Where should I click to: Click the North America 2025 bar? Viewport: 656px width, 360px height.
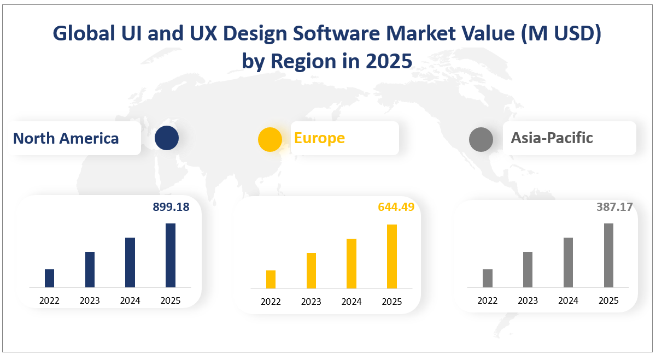171,255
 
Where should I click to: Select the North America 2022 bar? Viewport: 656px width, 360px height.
49,278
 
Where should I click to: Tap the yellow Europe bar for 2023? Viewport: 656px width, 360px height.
311,270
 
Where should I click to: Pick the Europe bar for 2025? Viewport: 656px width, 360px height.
392,256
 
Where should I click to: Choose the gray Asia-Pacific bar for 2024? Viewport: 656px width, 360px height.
568,262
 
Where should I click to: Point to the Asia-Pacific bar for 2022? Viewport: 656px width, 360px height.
488,278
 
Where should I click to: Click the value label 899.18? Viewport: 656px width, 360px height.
171,207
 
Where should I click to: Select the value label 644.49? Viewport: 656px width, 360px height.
396,207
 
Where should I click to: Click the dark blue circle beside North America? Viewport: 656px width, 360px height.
167,138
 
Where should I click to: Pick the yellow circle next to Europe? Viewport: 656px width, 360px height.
270,139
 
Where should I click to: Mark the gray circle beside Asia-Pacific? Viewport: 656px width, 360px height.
481,139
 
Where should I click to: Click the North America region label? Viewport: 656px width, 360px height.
66,138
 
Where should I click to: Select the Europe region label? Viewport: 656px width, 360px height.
319,138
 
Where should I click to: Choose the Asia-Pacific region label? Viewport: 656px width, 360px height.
552,138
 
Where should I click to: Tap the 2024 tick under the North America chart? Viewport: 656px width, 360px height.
130,300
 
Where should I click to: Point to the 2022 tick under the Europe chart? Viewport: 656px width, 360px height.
271,302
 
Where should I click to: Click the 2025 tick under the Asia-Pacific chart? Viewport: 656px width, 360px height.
608,300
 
